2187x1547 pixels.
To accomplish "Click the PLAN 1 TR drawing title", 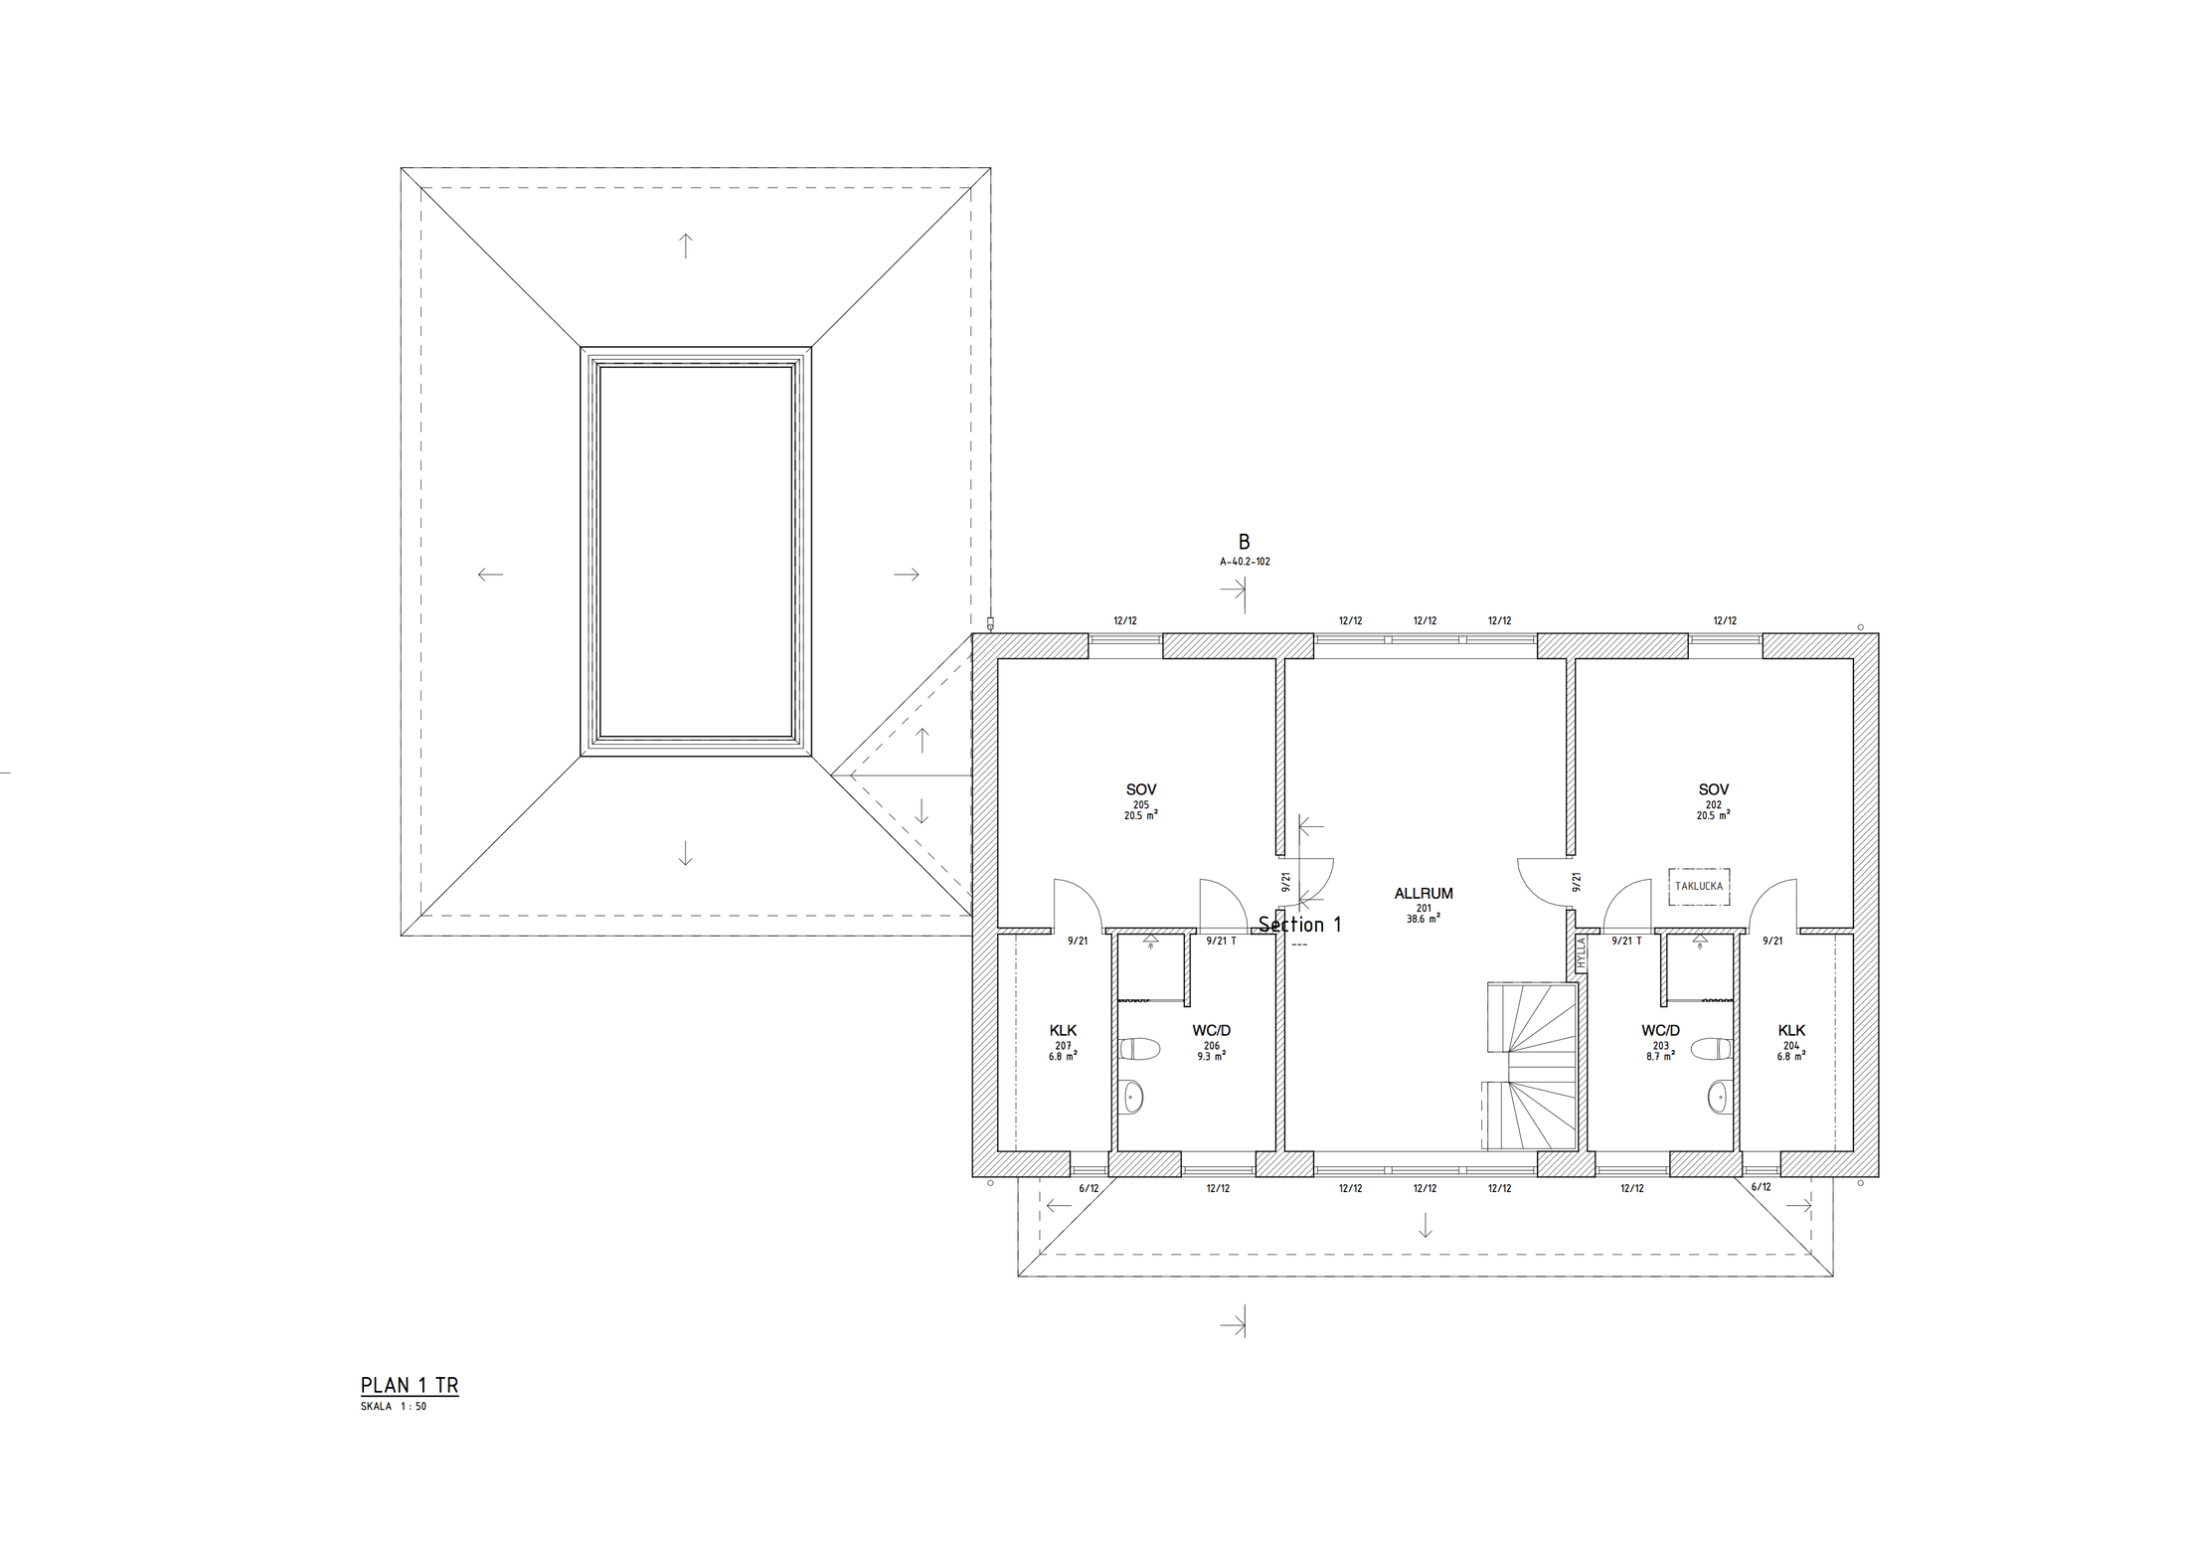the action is (410, 1386).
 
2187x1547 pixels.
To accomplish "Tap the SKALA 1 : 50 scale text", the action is (394, 1407).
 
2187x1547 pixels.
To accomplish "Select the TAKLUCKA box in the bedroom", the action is (1699, 885).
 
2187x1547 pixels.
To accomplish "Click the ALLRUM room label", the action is (1424, 894).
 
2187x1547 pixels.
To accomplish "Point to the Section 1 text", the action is (1300, 925).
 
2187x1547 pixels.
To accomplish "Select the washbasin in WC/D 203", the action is (1719, 1098).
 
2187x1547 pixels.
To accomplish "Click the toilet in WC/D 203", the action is (1711, 1049).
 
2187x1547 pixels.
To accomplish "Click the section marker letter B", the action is (1244, 543).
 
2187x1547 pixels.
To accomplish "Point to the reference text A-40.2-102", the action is (1245, 562).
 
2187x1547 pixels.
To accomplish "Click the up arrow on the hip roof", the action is (685, 246).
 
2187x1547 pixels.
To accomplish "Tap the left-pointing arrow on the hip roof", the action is (490, 574).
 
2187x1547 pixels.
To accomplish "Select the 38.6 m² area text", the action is (1424, 919).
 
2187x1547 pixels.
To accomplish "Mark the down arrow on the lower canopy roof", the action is (1425, 1225).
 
